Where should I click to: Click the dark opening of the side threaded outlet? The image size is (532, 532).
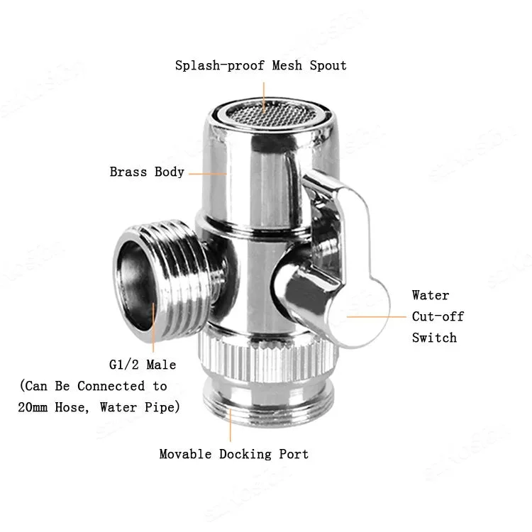click(x=133, y=284)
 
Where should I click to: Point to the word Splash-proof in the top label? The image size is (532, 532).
click(x=219, y=65)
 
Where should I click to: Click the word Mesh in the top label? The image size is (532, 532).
click(x=287, y=65)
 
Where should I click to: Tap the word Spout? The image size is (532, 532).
click(x=328, y=65)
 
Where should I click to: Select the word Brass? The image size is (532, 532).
click(x=128, y=172)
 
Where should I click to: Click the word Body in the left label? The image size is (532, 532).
click(x=170, y=172)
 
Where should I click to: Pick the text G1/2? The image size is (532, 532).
click(x=124, y=365)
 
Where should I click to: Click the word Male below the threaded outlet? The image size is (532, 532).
click(x=161, y=365)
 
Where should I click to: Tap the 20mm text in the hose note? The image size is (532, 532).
click(x=33, y=407)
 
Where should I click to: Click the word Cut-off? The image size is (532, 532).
click(x=438, y=316)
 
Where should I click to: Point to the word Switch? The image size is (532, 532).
click(x=434, y=338)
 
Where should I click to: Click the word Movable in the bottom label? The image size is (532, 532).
click(x=185, y=454)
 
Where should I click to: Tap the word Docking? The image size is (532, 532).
click(x=245, y=454)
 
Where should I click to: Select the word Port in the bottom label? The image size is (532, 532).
click(x=294, y=454)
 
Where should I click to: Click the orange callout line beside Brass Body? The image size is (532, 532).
click(x=207, y=174)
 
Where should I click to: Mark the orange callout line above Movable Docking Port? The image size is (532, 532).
click(x=231, y=426)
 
